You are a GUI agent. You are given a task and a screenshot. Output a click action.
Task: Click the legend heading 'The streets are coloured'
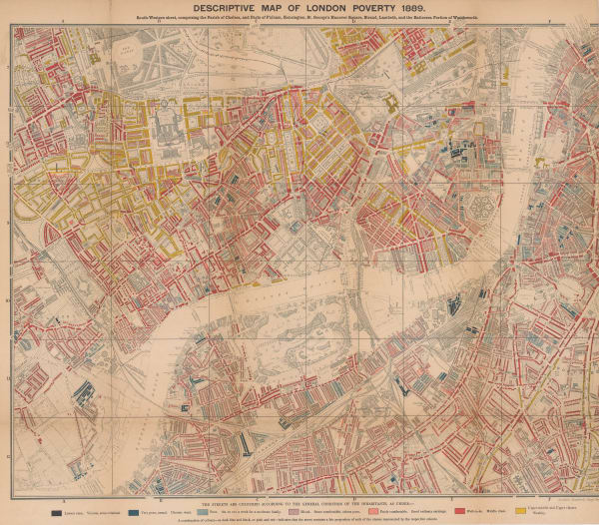click(299, 496)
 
